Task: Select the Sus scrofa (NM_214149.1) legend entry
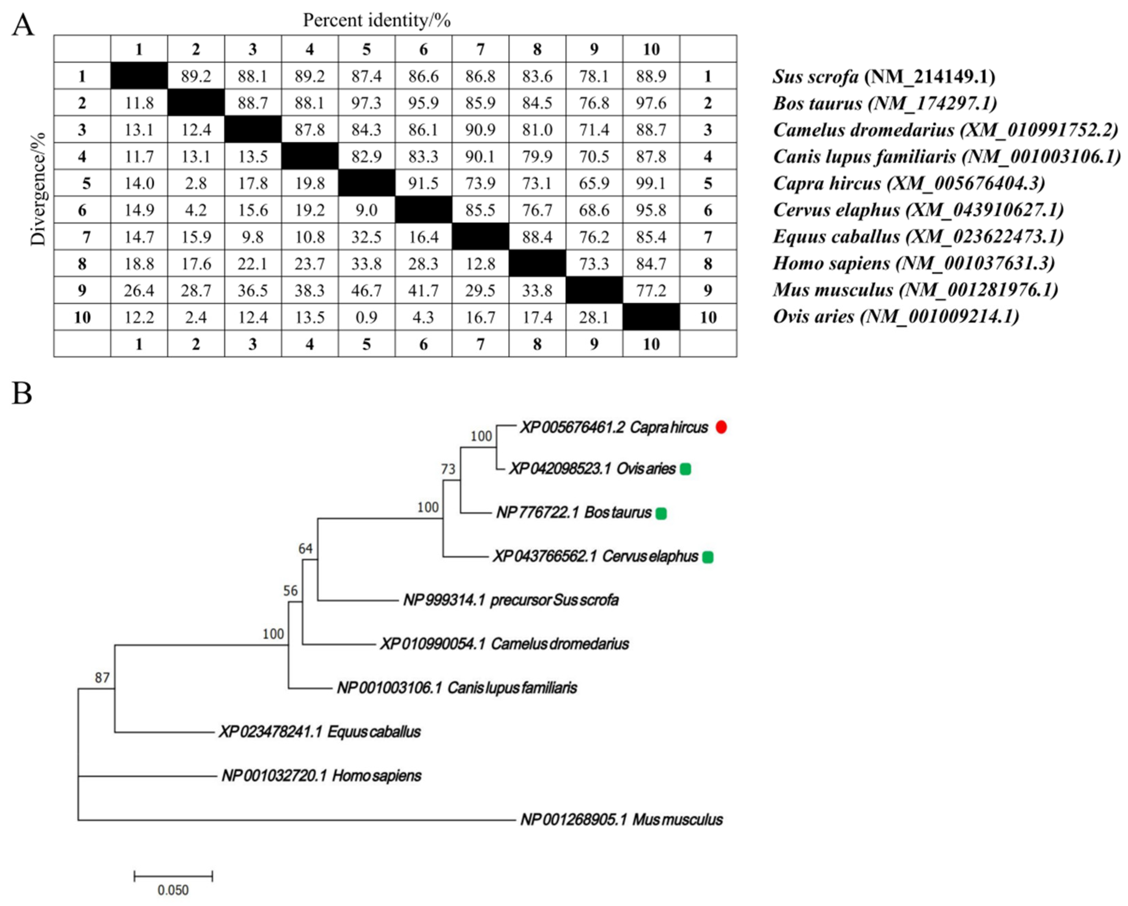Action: (884, 77)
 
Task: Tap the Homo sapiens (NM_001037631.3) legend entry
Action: (913, 263)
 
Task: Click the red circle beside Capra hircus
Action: (721, 427)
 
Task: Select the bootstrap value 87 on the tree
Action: (102, 678)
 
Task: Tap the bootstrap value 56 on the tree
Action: (290, 591)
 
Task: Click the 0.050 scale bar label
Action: (173, 890)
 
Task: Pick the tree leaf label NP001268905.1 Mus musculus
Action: (622, 820)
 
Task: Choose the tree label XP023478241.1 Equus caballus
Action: (320, 732)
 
